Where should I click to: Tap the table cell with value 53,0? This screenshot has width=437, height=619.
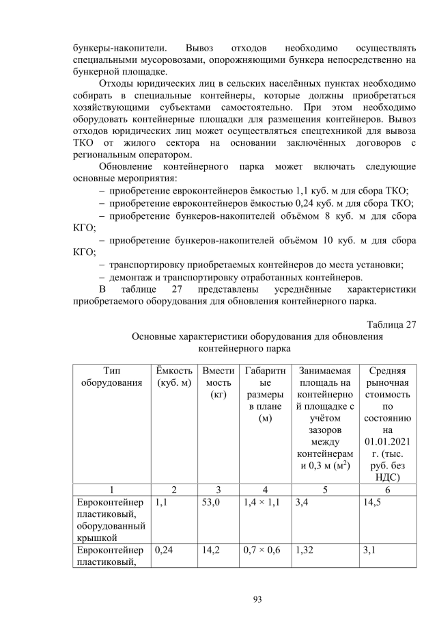coord(213,503)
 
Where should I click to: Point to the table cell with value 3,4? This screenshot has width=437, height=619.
coord(303,503)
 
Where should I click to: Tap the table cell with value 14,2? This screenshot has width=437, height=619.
coord(213,550)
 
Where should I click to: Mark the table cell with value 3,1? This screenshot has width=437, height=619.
coord(373,550)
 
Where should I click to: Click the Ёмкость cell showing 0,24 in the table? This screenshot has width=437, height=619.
coord(167,550)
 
